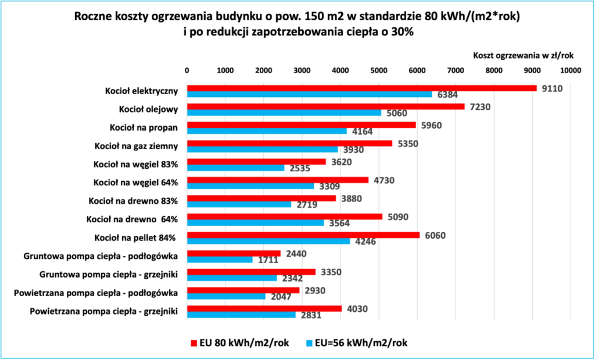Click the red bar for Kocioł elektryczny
[x=361, y=88]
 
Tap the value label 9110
[x=552, y=89]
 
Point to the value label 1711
[x=266, y=260]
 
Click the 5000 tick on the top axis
[x=378, y=70]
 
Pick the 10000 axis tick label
[x=570, y=70]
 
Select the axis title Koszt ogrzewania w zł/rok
[x=524, y=56]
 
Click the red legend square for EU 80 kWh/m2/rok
[x=194, y=342]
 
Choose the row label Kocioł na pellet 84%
[x=135, y=237]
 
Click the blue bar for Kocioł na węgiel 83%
[x=235, y=168]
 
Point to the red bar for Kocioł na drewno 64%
[x=284, y=217]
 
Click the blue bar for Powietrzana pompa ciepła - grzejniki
[x=241, y=315]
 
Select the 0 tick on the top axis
[x=187, y=70]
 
